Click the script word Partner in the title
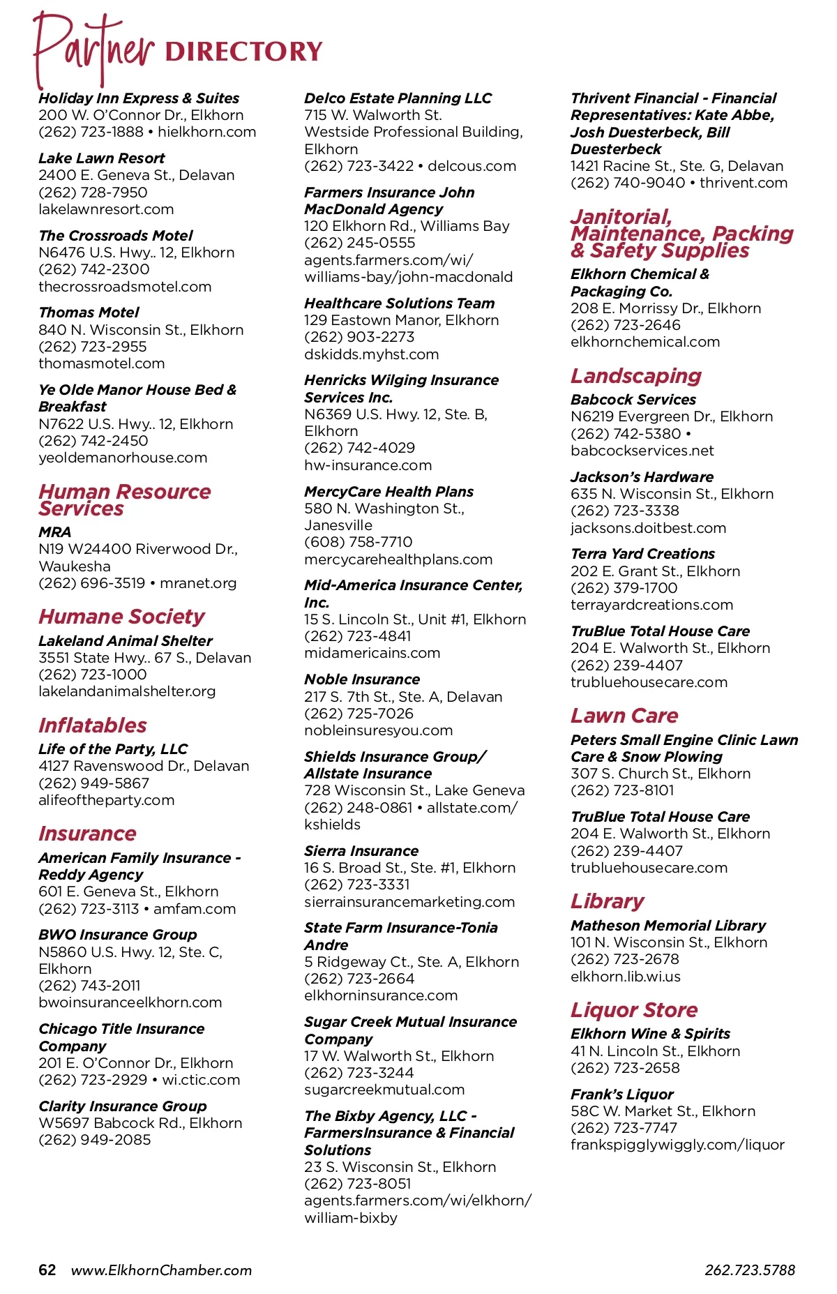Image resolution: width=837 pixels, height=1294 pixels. tap(94, 49)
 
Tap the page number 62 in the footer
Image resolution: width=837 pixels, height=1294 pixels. tap(47, 1270)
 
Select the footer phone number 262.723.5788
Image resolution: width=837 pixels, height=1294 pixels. tap(749, 1270)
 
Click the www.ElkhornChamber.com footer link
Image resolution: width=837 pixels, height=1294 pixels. tap(161, 1270)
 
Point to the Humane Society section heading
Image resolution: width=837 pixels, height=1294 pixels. tap(121, 617)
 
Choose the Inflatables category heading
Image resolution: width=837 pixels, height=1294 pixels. tap(93, 725)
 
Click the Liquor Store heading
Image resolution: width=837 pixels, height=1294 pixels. tap(634, 1010)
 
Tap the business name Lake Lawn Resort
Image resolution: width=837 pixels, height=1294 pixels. tap(102, 158)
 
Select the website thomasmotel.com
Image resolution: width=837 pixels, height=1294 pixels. tap(102, 363)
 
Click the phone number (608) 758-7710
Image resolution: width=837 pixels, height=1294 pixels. tap(358, 542)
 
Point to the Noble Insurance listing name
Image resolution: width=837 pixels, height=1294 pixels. tap(362, 679)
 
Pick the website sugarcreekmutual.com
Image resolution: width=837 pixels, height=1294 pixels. tap(384, 1090)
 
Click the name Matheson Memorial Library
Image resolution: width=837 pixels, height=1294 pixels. tap(668, 926)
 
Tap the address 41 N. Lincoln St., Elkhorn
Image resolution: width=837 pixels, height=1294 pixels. tap(655, 1051)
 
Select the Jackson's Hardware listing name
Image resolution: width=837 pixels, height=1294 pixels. tap(642, 477)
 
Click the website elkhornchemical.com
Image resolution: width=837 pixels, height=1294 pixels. tap(645, 342)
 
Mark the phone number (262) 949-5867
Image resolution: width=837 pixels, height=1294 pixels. tap(93, 783)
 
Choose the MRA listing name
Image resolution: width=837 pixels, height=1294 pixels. tap(55, 532)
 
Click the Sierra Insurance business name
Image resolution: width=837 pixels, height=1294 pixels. tap(361, 851)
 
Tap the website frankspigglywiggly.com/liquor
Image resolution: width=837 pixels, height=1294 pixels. tap(677, 1145)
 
